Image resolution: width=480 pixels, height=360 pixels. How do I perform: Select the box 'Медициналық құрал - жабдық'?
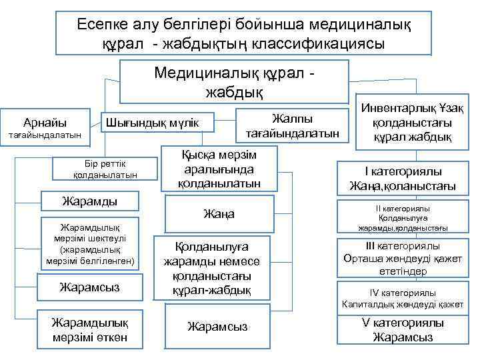(x=234, y=81)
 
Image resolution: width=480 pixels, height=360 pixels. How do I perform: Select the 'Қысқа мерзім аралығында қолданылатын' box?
(x=220, y=169)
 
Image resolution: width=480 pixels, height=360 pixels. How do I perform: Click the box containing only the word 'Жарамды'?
(x=90, y=201)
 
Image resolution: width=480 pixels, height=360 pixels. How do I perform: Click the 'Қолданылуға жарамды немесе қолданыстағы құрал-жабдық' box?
(x=211, y=267)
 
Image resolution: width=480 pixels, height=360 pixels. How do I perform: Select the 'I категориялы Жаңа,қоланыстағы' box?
(x=402, y=179)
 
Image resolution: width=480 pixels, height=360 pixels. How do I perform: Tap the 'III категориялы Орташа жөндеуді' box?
(x=402, y=259)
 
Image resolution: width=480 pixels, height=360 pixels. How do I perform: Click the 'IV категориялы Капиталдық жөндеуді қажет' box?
(x=402, y=299)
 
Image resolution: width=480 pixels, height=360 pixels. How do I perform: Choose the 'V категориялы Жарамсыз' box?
(x=402, y=330)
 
